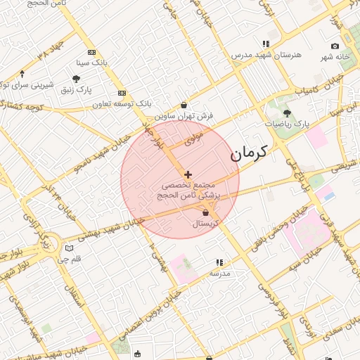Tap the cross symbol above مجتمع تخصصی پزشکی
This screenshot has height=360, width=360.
pos(188,174)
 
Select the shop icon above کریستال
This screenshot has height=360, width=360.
pos(205,212)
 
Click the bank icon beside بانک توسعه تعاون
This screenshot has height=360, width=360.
pos(122,93)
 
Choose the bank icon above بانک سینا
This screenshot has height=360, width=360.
pos(91,52)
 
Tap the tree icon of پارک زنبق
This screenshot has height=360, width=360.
pos(77,79)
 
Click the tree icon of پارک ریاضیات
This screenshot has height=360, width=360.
pos(287,112)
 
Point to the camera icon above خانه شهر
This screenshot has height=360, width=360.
pos(335,46)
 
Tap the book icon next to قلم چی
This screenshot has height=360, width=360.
pos(68,248)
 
